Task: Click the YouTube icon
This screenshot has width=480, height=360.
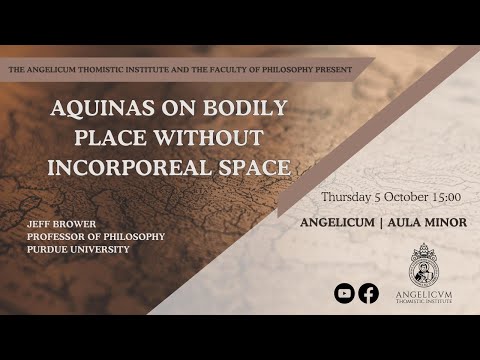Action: click(345, 293)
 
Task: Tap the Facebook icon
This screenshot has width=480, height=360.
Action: click(369, 293)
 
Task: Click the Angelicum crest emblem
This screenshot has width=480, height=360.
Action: click(424, 264)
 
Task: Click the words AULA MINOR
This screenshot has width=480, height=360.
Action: click(429, 222)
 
